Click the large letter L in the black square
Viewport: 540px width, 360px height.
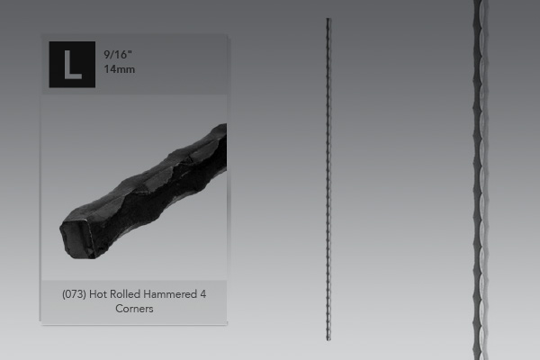coord(73,65)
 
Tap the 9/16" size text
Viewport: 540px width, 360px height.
coord(118,54)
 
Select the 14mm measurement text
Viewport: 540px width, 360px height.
coord(120,69)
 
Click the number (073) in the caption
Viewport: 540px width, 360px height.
coord(74,294)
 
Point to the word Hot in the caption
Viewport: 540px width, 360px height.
coord(98,294)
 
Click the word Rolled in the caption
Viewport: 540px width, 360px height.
coord(125,294)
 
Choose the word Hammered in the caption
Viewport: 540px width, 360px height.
coord(170,294)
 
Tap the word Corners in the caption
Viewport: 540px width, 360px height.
coord(134,309)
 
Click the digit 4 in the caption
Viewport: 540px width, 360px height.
coord(203,294)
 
